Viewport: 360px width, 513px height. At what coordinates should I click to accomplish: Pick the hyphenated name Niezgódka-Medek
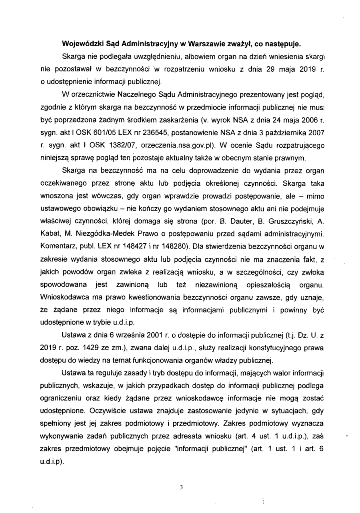coord(100,233)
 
